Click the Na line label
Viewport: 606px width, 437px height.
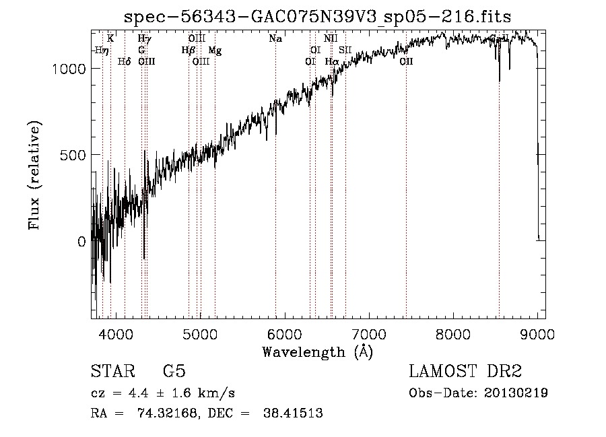[x=275, y=39]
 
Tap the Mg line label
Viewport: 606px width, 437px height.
[x=215, y=51]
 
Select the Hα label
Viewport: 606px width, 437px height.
[x=332, y=62]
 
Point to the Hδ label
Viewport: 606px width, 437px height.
[x=124, y=62]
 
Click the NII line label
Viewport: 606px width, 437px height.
[x=331, y=39]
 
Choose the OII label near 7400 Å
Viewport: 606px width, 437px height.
[x=406, y=62]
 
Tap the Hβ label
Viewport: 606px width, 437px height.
[x=189, y=51]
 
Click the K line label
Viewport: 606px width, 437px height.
[x=110, y=39]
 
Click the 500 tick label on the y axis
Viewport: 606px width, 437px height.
[x=71, y=155]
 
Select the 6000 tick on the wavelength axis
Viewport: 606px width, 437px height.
[x=284, y=332]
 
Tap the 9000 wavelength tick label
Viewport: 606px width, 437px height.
[x=537, y=332]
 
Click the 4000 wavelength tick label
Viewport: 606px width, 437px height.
[x=116, y=332]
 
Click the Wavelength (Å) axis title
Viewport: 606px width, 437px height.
[x=317, y=351]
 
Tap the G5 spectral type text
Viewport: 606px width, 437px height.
[x=174, y=371]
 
